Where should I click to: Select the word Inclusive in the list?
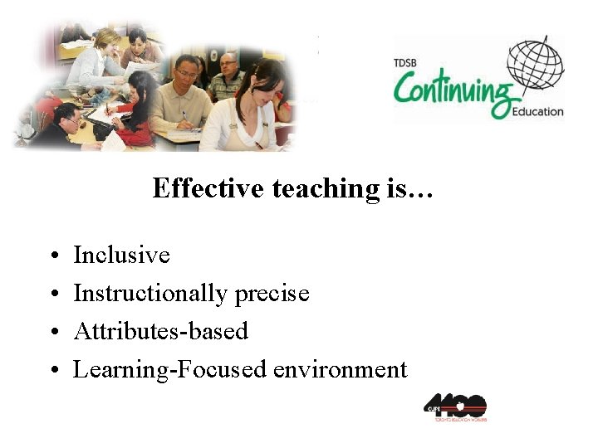point(121,255)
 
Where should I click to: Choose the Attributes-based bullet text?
point(160,331)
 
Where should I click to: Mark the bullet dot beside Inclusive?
point(51,256)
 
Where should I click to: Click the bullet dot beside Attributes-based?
point(51,332)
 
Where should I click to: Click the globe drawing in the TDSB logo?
point(535,66)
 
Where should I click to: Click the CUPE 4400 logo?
point(455,407)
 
